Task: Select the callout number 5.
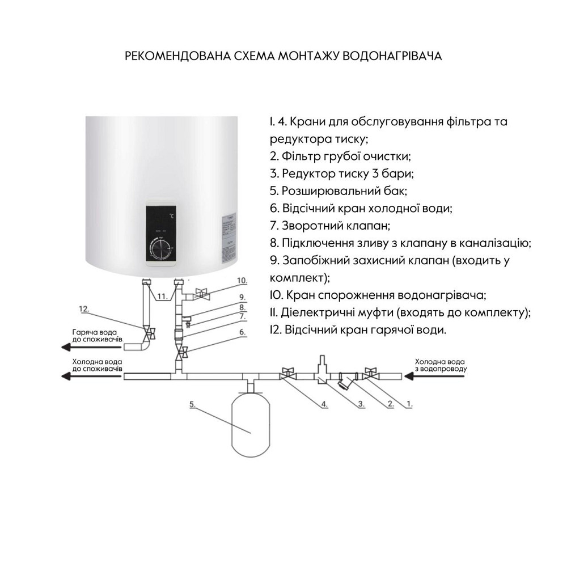tap(193, 405)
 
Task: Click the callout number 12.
tap(84, 308)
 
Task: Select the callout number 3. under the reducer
tap(361, 405)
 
